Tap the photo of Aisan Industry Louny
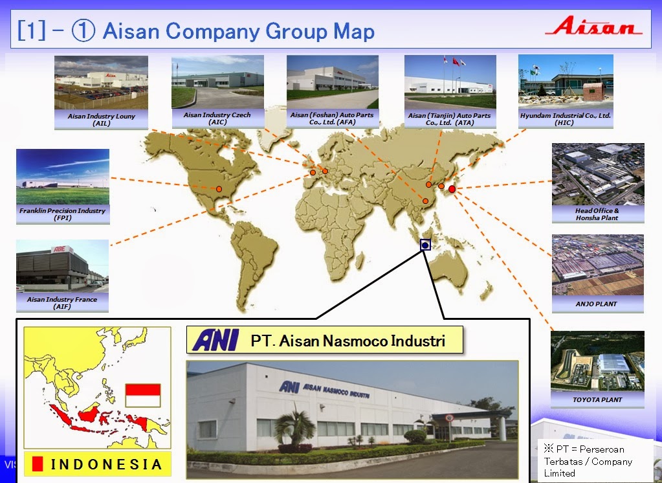[101, 82]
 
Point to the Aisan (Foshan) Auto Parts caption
[332, 118]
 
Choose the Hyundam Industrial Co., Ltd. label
[566, 118]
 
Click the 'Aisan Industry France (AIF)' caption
[62, 303]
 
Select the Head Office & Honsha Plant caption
[597, 214]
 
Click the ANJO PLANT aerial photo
[597, 265]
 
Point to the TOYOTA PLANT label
[597, 399]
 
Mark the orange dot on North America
[219, 189]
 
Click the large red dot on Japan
[452, 189]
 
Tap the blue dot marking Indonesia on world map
[425, 245]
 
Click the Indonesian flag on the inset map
[142, 395]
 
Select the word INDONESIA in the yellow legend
[106, 464]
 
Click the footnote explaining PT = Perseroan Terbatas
[595, 461]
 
